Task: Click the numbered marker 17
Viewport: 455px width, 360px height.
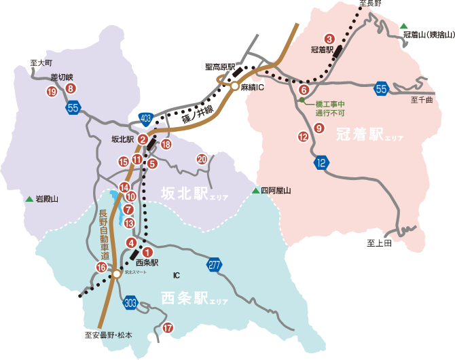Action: pyautogui.click(x=168, y=328)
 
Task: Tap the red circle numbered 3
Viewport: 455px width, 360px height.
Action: pyautogui.click(x=330, y=39)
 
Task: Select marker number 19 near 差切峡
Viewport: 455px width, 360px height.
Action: pyautogui.click(x=52, y=92)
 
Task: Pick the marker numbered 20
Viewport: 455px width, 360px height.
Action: pyautogui.click(x=202, y=160)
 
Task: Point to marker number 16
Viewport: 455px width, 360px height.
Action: pyautogui.click(x=101, y=267)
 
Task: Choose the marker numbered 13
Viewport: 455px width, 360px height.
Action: pyautogui.click(x=130, y=223)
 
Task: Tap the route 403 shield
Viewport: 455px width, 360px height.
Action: pyautogui.click(x=146, y=119)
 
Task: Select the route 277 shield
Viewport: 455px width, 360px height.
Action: pyautogui.click(x=215, y=265)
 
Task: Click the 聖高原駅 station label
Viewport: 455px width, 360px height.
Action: pyautogui.click(x=219, y=67)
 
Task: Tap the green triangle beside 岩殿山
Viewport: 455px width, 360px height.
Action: pyautogui.click(x=29, y=199)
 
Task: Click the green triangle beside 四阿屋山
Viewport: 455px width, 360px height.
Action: pyautogui.click(x=256, y=191)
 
